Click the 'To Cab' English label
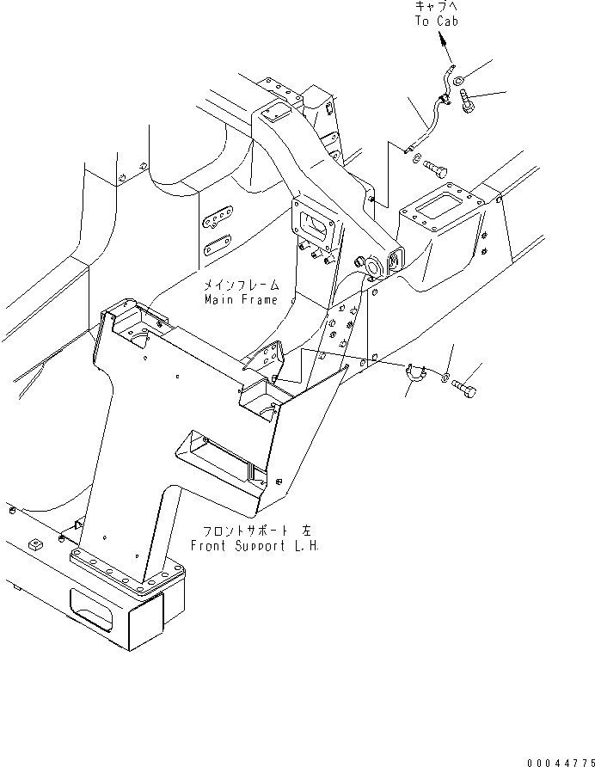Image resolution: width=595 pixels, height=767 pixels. [x=436, y=21]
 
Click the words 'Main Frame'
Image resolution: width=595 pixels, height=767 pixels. [x=241, y=300]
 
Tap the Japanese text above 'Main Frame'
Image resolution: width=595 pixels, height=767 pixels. [x=241, y=285]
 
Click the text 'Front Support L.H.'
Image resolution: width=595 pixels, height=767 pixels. [x=254, y=547]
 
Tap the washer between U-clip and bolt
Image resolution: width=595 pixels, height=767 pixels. [x=445, y=378]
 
